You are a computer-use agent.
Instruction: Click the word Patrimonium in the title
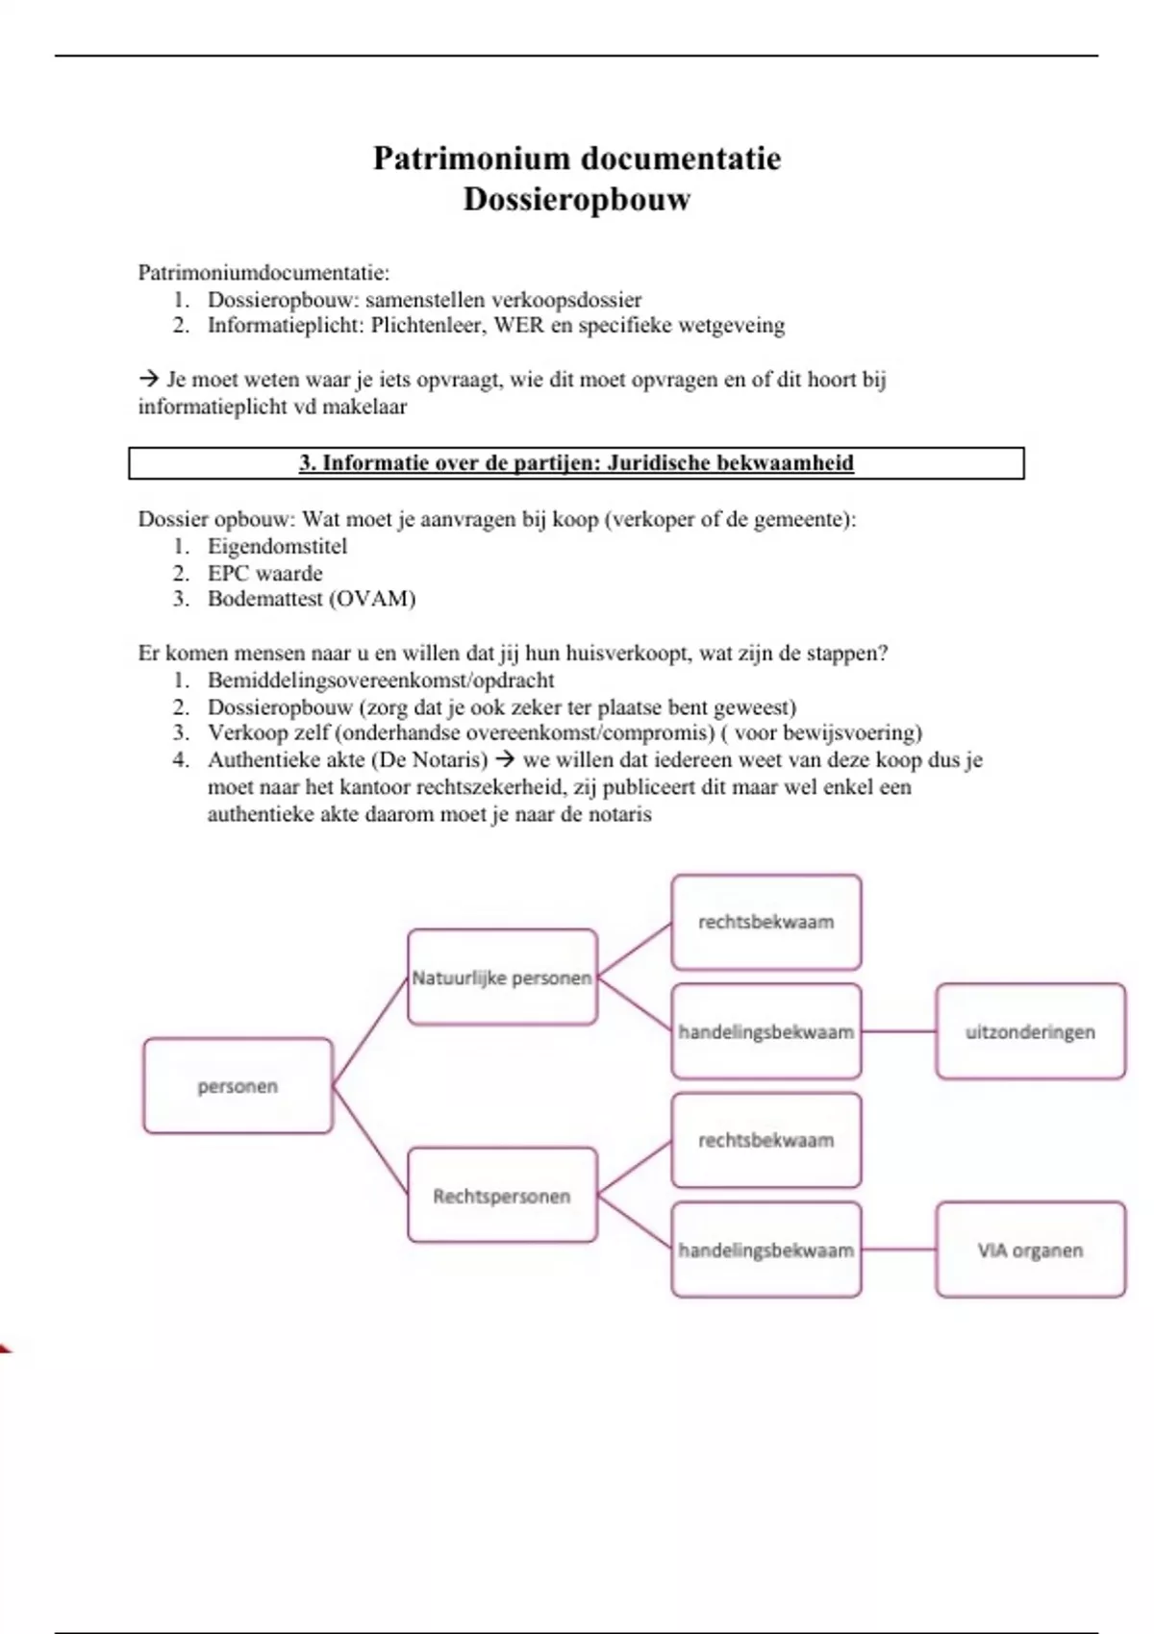[469, 159]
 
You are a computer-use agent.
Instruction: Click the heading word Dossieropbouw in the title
[577, 200]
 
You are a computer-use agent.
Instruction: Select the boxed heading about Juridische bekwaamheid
[576, 463]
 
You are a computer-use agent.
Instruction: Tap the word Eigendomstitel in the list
[277, 547]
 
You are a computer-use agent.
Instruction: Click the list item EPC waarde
[264, 574]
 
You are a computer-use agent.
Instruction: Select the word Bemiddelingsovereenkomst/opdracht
[381, 681]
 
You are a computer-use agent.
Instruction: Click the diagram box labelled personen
[238, 1086]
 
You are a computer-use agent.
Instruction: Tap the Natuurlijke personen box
[502, 978]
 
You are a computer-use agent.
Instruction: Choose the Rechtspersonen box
[502, 1197]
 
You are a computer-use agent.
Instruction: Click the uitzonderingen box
[1030, 1032]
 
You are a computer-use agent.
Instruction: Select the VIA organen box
[1030, 1250]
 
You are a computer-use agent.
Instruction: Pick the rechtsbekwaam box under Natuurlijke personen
[765, 922]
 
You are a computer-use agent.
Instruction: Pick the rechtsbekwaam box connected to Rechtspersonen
[765, 1141]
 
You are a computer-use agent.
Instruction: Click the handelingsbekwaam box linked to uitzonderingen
[765, 1032]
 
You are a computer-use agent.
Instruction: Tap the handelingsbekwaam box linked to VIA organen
[765, 1250]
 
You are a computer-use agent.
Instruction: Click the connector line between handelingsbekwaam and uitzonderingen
[898, 1032]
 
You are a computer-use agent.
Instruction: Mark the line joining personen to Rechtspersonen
[370, 1141]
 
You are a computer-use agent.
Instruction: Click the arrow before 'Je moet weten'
[148, 380]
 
